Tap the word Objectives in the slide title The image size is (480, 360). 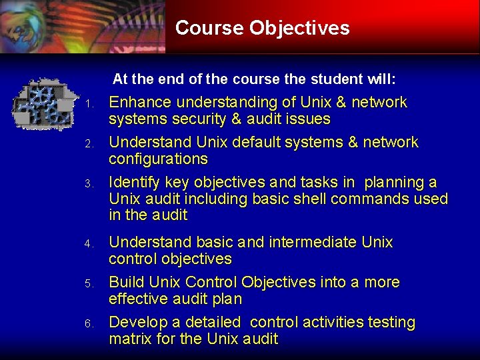(299, 28)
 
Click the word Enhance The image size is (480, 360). (140, 103)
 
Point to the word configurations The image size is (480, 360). (158, 159)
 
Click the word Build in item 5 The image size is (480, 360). (125, 282)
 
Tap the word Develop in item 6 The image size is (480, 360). (137, 322)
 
